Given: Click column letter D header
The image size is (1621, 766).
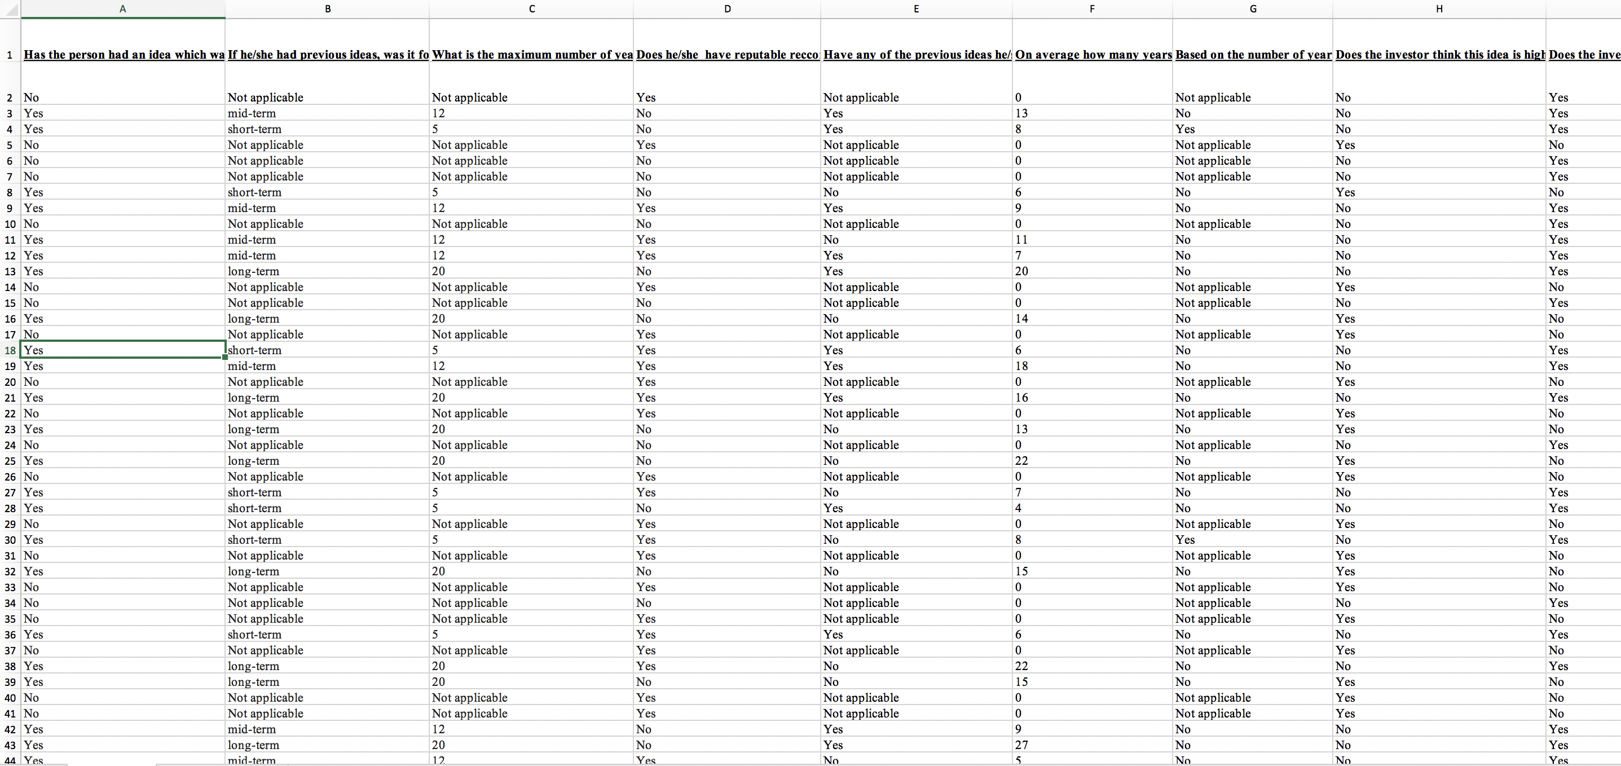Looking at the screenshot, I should point(727,9).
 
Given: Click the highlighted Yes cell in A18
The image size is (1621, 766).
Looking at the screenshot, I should point(123,350).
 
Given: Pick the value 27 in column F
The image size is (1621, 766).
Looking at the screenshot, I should point(1021,745).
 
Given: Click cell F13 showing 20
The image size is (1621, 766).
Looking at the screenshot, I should point(1021,271).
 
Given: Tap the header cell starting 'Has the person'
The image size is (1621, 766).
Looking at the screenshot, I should point(124,55).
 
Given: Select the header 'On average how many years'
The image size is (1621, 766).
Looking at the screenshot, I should point(1093,55).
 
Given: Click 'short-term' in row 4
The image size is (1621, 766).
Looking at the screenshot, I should point(254,129).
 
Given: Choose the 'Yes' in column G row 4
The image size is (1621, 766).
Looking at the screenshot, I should point(1185,129).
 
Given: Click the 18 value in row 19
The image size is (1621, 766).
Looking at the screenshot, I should point(1021,366).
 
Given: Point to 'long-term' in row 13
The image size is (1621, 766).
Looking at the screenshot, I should point(253,271).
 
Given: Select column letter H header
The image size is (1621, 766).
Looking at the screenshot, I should point(1438,9).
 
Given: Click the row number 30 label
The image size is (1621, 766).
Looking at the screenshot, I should point(10,540).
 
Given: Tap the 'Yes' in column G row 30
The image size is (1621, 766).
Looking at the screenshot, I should point(1185,539).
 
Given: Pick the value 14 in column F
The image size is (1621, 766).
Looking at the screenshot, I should point(1021,319).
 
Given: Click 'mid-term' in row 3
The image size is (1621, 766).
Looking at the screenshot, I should point(252,113).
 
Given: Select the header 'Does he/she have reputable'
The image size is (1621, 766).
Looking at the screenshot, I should point(727,55).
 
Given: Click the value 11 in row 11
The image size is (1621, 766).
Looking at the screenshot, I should point(1021,240).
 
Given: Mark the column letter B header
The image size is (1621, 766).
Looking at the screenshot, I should point(327,9).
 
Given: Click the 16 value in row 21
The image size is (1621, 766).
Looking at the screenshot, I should point(1021,398).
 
